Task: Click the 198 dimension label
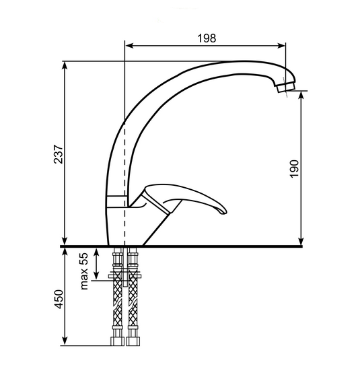(207, 38)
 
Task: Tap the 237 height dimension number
(59, 154)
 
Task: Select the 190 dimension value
(294, 168)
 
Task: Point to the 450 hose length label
(59, 299)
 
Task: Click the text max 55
(83, 271)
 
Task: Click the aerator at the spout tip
(286, 87)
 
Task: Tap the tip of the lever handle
(224, 212)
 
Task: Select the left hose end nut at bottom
(117, 341)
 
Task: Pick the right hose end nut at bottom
(133, 341)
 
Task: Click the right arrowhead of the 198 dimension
(282, 46)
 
